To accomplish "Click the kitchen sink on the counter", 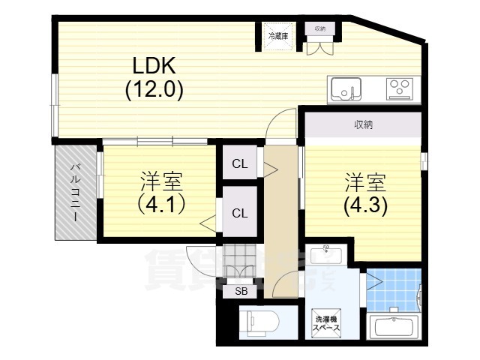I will coord(346,88).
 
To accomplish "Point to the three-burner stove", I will coord(400,88).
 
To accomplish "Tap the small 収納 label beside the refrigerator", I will coord(320,28).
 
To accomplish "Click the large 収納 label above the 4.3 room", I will coord(363,125).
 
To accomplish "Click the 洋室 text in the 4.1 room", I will coord(161,181).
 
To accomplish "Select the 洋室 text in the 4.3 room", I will coord(365,181).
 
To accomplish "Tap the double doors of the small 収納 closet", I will coord(321,45).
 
